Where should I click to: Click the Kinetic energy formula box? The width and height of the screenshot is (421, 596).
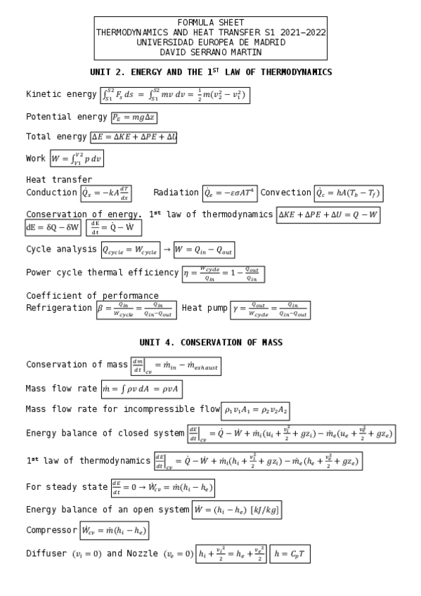click(x=180, y=95)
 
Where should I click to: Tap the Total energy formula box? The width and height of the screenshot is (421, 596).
click(x=134, y=137)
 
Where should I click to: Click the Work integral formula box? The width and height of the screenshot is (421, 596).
click(x=77, y=159)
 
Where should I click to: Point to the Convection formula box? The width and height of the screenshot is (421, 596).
click(x=348, y=193)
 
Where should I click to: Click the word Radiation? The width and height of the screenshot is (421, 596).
click(x=176, y=193)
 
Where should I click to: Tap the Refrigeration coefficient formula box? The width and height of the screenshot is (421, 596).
click(x=136, y=309)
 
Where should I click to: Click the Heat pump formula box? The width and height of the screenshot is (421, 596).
click(x=270, y=309)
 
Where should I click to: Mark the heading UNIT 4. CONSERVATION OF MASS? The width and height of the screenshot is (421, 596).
click(x=211, y=342)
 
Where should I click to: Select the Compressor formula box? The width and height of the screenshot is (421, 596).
click(x=114, y=530)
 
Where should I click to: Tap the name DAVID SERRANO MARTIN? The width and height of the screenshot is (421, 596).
click(x=211, y=51)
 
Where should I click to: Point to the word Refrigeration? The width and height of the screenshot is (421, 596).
click(x=59, y=308)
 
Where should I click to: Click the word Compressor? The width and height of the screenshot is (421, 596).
click(x=51, y=530)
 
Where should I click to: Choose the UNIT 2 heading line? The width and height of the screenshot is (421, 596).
click(x=211, y=72)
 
